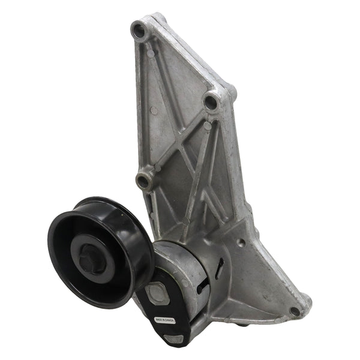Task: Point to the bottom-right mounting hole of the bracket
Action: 295,311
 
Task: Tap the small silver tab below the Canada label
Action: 174,339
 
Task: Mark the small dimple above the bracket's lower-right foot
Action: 241,243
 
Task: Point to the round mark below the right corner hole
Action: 207,126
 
